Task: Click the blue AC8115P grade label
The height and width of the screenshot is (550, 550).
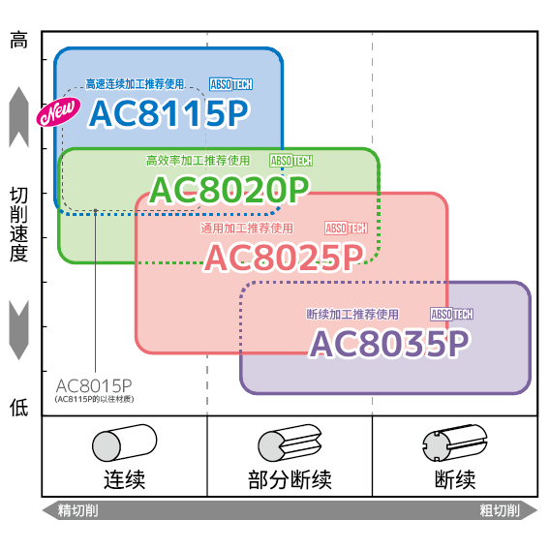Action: point(168,113)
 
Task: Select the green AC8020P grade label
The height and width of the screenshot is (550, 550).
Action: point(229,190)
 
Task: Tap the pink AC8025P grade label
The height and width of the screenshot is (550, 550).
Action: point(284,258)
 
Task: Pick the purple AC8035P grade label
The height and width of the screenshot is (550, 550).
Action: point(389,343)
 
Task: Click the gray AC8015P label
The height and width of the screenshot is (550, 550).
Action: point(94,385)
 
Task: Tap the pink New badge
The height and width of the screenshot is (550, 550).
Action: point(58,111)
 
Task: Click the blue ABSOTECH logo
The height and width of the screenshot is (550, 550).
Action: point(230,84)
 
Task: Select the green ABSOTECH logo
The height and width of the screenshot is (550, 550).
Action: point(291,161)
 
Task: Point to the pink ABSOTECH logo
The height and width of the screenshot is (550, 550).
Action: point(346,229)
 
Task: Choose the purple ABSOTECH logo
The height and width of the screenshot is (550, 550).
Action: point(452,314)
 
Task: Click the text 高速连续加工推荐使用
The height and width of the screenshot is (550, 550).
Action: point(135,84)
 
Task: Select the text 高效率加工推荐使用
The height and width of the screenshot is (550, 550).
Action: point(198,161)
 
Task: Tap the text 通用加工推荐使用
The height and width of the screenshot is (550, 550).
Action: point(247,229)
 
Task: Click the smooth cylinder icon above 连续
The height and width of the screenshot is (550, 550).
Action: point(125,443)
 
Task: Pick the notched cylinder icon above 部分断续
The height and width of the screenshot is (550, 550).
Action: point(290,443)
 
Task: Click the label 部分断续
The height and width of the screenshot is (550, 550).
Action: point(290,479)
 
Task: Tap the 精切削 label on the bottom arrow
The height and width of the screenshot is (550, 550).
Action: point(77,510)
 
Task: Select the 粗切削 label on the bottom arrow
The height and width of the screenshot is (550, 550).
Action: point(500,510)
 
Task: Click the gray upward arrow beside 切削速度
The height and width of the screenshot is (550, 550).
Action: point(18,117)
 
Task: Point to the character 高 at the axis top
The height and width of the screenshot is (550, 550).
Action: point(18,40)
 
